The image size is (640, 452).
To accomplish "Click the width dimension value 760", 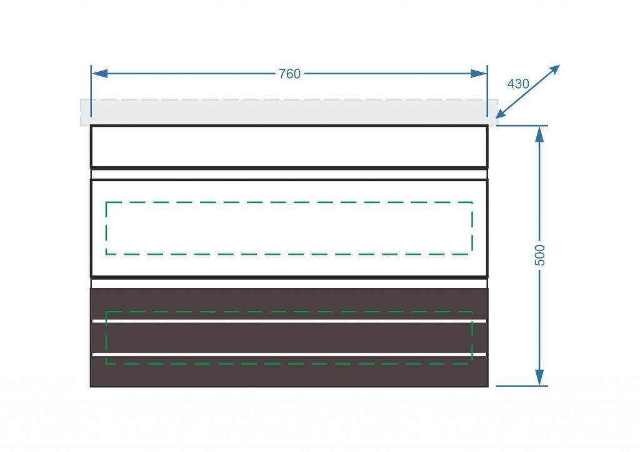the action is pyautogui.click(x=289, y=74).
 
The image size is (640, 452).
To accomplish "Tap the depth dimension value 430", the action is pyautogui.click(x=518, y=84).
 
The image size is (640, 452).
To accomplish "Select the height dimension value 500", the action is pyautogui.click(x=539, y=255).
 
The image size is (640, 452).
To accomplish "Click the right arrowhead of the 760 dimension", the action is pyautogui.click(x=479, y=74).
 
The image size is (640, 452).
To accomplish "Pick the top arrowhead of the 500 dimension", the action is pyautogui.click(x=539, y=134).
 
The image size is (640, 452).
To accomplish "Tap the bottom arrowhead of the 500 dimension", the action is pyautogui.click(x=539, y=378).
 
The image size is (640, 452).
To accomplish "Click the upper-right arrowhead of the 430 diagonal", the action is pyautogui.click(x=553, y=71).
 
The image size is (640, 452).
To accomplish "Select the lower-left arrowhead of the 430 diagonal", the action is pyautogui.click(x=502, y=112).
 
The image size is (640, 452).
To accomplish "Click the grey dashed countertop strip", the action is pyautogui.click(x=289, y=112).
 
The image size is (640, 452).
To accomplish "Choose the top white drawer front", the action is pyautogui.click(x=289, y=146).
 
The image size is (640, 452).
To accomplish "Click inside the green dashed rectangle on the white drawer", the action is pyautogui.click(x=289, y=228).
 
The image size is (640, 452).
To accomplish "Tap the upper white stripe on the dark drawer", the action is pyautogui.click(x=289, y=321).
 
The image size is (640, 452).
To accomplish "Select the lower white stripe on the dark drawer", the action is pyautogui.click(x=289, y=354).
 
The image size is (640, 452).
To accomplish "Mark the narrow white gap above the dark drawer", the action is pyautogui.click(x=289, y=283).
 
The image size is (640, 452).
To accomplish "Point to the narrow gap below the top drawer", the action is pyautogui.click(x=289, y=174).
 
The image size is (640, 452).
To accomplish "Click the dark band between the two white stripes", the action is pyautogui.click(x=289, y=338).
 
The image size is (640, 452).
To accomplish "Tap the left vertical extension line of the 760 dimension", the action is pyautogui.click(x=91, y=91).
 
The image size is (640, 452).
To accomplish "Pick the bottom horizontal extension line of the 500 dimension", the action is pyautogui.click(x=522, y=386).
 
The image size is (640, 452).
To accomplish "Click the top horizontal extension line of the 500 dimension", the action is pyautogui.click(x=522, y=125).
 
